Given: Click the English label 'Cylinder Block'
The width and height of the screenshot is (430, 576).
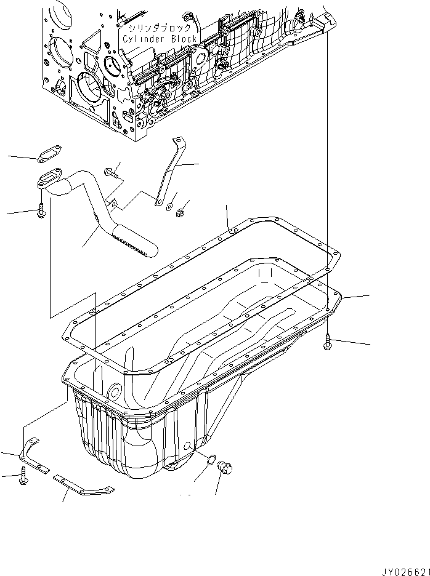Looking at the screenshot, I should (160, 39).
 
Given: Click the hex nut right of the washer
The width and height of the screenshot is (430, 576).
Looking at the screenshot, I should (181, 214).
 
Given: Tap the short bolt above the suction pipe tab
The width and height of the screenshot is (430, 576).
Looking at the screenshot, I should (112, 173).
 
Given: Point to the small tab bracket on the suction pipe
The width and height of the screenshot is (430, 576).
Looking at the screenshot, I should (112, 201).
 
